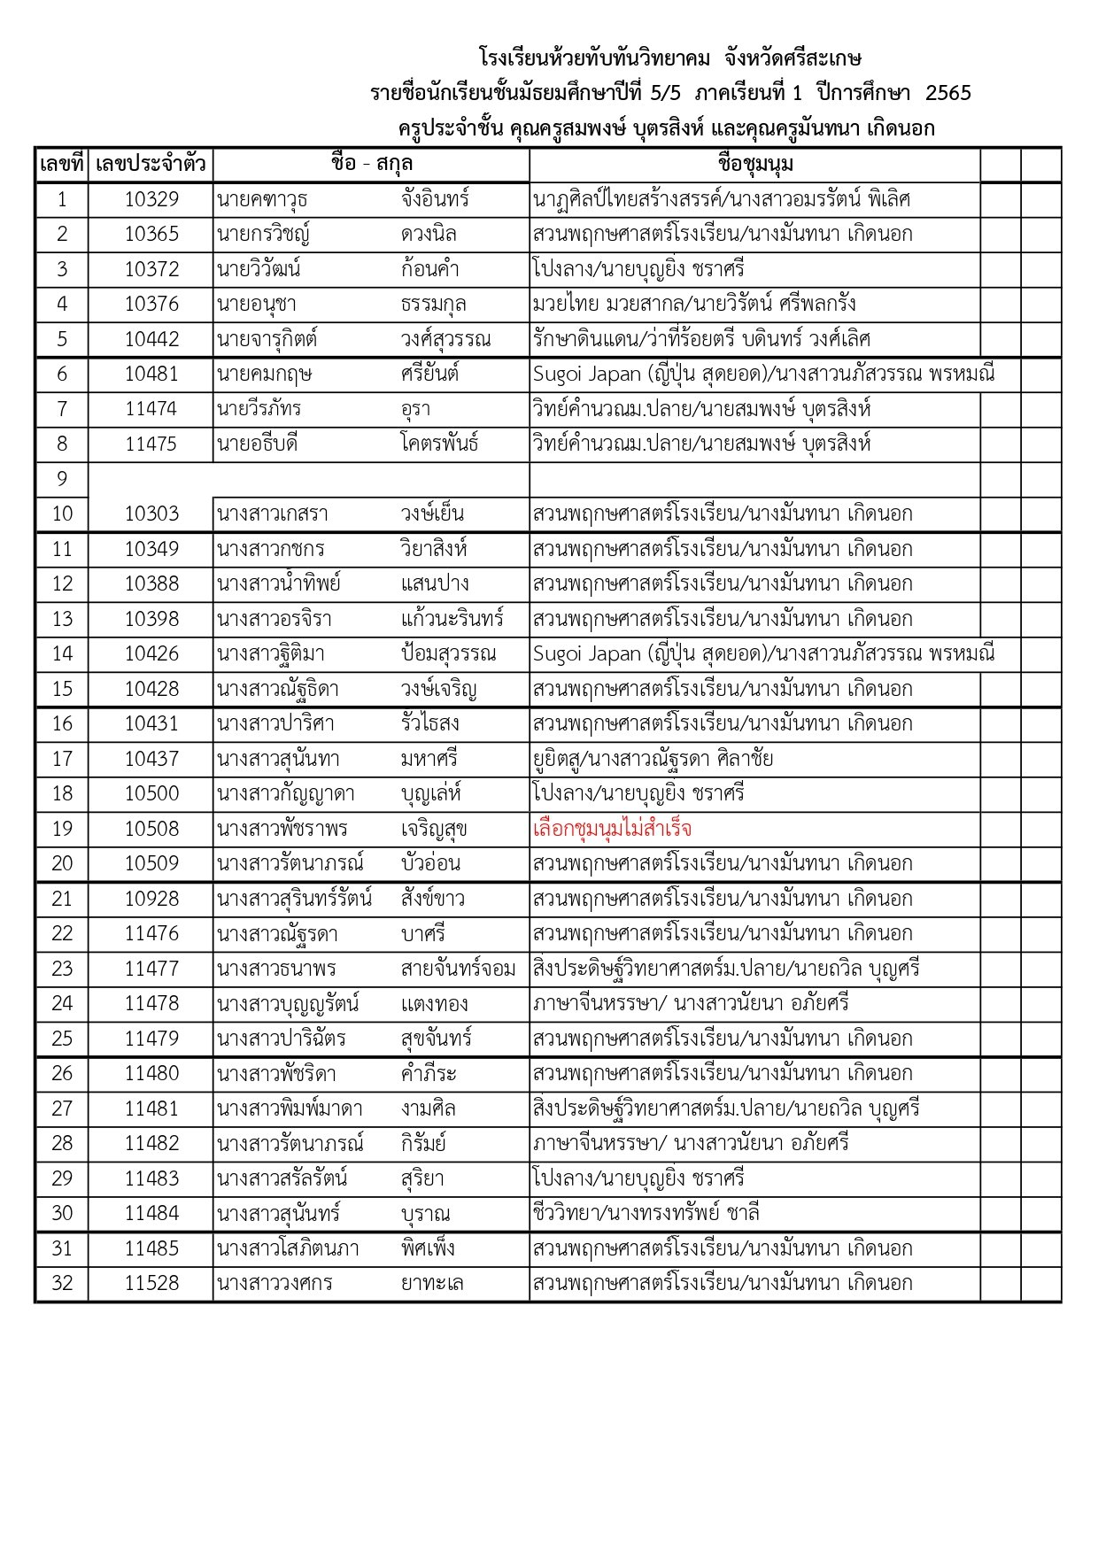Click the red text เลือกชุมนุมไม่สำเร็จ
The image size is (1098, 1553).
[x=612, y=829]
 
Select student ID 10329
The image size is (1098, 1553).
[x=151, y=199]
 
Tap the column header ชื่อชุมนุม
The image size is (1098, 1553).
[x=755, y=164]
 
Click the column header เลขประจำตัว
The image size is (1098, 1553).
[x=151, y=164]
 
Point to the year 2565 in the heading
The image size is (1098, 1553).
[x=947, y=93]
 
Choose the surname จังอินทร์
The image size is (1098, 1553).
[x=435, y=199]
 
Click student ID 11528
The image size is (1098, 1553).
[x=151, y=1283]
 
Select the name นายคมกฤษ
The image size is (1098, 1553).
[x=264, y=374]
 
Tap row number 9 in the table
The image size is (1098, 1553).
[x=62, y=479]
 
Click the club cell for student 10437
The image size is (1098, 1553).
[x=653, y=759]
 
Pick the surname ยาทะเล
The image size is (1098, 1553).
[x=432, y=1283]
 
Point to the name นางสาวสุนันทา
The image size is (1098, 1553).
[x=277, y=759]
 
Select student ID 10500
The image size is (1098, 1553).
[x=151, y=793]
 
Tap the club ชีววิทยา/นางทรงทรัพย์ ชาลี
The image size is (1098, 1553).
[x=646, y=1213]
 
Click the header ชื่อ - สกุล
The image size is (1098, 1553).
[x=371, y=164]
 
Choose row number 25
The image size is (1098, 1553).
[x=62, y=1038]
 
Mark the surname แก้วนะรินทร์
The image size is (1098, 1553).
[x=452, y=619]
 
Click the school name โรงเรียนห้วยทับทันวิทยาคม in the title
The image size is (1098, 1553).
[x=594, y=58]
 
